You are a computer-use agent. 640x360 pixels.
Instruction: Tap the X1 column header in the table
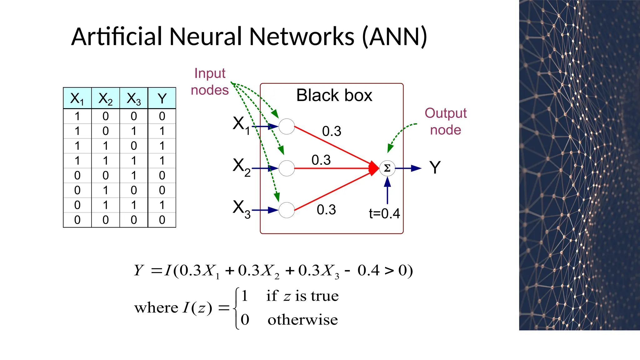coord(77,98)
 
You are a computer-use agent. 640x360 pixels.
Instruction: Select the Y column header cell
coord(162,98)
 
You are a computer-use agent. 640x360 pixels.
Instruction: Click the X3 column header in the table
coord(134,98)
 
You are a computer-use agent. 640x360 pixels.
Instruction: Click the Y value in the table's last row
coord(162,220)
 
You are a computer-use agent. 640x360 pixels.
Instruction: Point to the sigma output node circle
coord(387,168)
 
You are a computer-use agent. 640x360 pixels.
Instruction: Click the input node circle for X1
coord(287,127)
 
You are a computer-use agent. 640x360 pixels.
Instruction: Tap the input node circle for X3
coord(287,210)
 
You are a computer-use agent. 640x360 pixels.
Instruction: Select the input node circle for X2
coord(287,168)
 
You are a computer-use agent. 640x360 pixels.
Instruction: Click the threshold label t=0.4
coord(384,214)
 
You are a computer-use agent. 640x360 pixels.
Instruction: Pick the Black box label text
coord(334,95)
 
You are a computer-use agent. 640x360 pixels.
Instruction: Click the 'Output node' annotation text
coord(445,121)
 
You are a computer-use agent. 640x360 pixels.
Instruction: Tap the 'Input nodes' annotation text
coord(210,82)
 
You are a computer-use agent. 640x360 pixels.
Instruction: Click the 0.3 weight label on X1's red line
coord(332,131)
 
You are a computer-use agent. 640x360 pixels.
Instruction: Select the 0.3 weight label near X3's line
coord(326,210)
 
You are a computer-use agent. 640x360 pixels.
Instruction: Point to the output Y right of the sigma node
coord(435,168)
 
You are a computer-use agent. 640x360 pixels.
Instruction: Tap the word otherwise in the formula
coord(302,320)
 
